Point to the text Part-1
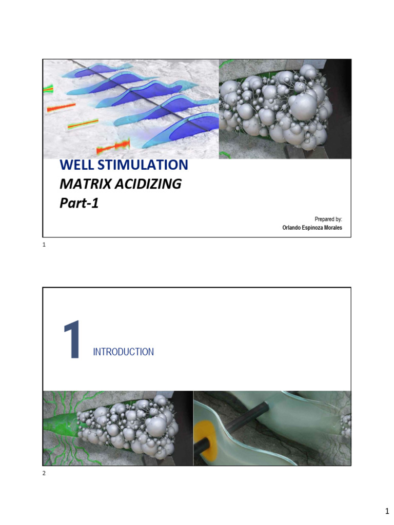pos(78,203)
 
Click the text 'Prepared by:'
pos(328,219)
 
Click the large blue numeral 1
pos(71,340)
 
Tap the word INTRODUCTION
pos(123,352)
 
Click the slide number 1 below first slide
pos(44,245)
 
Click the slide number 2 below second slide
pos(44,473)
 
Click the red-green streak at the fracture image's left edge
pos(48,89)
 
